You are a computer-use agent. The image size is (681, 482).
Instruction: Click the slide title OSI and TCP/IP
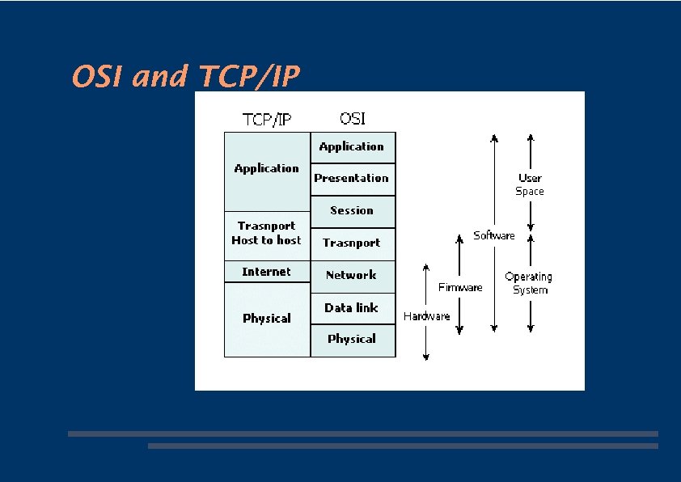point(185,77)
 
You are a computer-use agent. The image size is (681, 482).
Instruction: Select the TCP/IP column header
point(267,120)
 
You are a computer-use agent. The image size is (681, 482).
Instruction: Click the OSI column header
point(353,118)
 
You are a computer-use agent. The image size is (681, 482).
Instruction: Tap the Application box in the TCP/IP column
point(267,170)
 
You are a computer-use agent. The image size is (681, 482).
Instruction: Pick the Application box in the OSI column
point(352,147)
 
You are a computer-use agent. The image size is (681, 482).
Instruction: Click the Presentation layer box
point(352,179)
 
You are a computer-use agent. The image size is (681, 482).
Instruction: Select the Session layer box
point(352,211)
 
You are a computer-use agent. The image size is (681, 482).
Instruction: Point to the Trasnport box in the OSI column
point(352,243)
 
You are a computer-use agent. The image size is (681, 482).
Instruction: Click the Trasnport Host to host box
point(267,234)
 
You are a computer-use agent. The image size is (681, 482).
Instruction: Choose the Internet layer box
point(267,272)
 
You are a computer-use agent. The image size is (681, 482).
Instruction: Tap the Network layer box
point(352,276)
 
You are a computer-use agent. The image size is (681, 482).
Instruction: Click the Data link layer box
point(352,308)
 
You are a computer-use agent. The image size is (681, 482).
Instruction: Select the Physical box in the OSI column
point(352,340)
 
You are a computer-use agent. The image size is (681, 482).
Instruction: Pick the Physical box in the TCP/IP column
point(267,319)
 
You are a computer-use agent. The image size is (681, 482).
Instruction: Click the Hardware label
point(426,316)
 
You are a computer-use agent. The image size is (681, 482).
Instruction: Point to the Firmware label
point(460,287)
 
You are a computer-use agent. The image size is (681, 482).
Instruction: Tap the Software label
point(493,235)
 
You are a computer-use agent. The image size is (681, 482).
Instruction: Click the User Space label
point(530,184)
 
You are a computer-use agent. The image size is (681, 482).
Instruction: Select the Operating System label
point(529,283)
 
